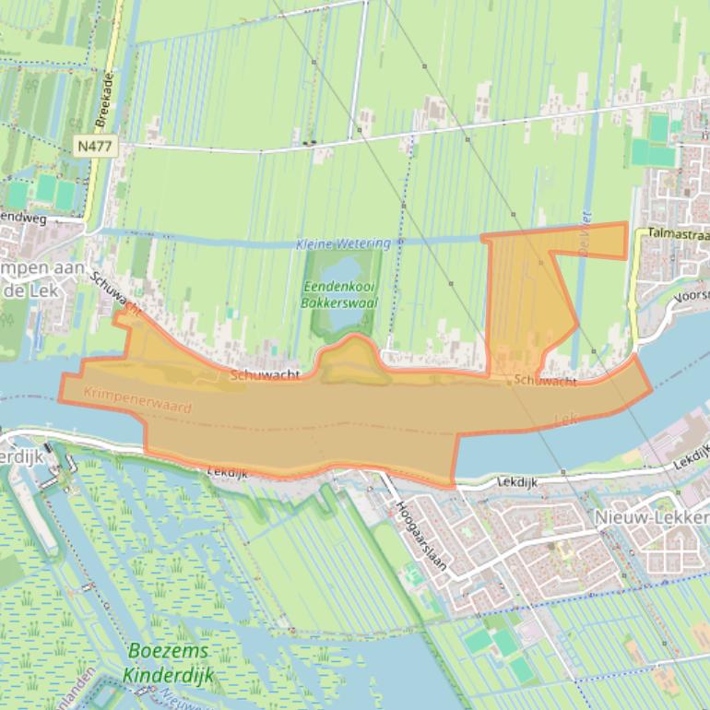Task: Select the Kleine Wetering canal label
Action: click(x=344, y=243)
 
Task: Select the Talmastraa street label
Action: click(x=679, y=234)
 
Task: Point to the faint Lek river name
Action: click(x=565, y=420)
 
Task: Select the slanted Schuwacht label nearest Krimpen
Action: click(x=115, y=294)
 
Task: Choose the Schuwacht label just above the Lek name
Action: click(x=546, y=380)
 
